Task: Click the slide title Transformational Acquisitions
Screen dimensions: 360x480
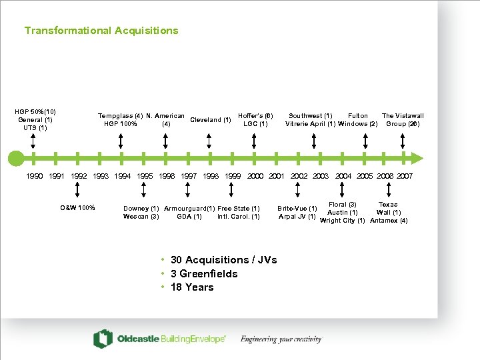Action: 101,31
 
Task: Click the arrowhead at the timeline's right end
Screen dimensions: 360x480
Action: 417,158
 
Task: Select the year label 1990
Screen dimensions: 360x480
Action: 35,176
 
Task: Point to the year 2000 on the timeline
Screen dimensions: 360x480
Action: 255,176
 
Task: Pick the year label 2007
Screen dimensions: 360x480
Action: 404,176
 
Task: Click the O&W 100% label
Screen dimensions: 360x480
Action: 77,208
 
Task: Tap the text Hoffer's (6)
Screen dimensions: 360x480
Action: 255,116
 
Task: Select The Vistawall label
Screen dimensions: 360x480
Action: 403,116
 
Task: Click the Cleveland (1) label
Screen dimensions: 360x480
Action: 211,120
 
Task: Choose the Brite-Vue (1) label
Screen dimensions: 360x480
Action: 297,209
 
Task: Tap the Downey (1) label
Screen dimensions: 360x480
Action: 141,209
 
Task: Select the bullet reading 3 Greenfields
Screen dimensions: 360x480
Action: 204,274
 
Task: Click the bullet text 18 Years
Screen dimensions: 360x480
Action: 192,287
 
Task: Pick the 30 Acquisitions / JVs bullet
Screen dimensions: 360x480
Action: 223,260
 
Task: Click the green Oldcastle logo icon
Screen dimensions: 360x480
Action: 103,339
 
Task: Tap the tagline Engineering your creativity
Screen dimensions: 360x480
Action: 281,339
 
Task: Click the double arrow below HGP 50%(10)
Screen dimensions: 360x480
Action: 33,140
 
